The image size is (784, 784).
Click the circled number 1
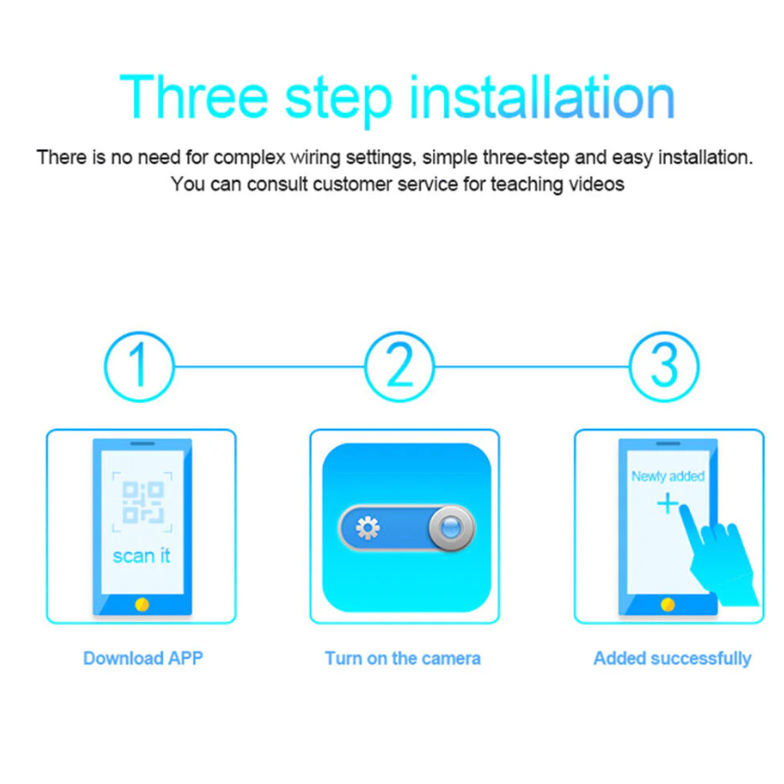[139, 365]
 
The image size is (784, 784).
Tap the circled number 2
[399, 365]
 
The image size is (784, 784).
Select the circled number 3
[664, 365]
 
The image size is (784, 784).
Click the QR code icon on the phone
[142, 502]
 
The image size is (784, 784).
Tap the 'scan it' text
[142, 556]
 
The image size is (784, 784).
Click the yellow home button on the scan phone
[142, 604]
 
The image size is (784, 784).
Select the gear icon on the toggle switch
[368, 529]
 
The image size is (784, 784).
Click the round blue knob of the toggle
[451, 529]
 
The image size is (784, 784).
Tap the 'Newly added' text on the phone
[668, 476]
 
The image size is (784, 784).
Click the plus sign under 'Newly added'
[668, 504]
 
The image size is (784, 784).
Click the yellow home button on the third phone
[667, 604]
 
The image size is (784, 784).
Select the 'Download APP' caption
[142, 658]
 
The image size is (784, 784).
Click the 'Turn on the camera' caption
[402, 658]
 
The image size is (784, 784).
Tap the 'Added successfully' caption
[671, 658]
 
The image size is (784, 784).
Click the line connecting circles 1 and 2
[268, 365]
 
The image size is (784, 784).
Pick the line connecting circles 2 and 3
[532, 365]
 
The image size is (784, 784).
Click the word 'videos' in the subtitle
[596, 184]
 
